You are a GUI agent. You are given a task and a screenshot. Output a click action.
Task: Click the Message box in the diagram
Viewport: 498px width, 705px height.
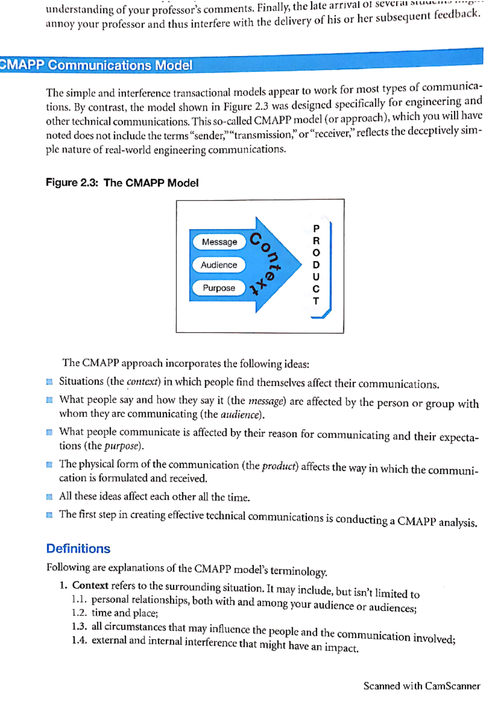[x=219, y=242]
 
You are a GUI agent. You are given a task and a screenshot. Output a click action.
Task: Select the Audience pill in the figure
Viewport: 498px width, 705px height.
[x=219, y=265]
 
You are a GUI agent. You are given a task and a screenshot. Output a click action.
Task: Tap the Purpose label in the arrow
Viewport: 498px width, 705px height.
[x=219, y=288]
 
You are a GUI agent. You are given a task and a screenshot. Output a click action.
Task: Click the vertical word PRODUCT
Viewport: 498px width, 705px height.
[x=316, y=264]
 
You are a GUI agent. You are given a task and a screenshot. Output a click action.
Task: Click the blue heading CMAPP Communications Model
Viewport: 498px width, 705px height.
[x=97, y=65]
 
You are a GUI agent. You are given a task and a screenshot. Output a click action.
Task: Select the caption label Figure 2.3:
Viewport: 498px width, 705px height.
[x=72, y=183]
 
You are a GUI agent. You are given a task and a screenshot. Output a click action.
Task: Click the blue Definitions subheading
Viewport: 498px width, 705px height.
[x=78, y=548]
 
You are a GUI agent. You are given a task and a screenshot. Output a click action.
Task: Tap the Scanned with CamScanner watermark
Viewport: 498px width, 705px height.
[x=422, y=685]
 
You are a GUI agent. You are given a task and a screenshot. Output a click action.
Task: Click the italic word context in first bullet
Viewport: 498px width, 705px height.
[x=143, y=382]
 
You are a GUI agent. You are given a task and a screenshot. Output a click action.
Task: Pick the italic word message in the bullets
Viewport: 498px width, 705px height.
[x=266, y=401]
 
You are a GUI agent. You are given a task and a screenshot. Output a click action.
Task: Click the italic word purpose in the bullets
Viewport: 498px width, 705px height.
[x=121, y=446]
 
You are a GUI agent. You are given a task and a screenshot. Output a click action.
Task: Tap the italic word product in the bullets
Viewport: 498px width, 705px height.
[x=279, y=466]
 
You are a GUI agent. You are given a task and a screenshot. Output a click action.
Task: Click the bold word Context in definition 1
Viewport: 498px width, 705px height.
[x=90, y=585]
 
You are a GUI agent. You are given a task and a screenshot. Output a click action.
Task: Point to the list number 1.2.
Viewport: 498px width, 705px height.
[x=79, y=612]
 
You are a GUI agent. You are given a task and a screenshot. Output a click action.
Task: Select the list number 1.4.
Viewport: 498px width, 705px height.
[x=79, y=640]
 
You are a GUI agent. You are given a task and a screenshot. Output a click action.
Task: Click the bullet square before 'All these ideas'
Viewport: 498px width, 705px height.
[x=49, y=497]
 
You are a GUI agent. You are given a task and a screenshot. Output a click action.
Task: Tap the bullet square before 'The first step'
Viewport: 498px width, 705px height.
[x=49, y=515]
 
